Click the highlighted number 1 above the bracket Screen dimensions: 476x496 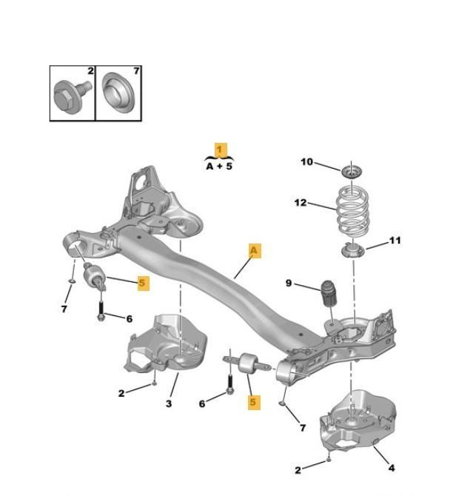click(x=221, y=150)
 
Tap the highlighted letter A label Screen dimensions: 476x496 click(x=255, y=250)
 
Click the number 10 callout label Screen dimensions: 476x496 click(x=306, y=162)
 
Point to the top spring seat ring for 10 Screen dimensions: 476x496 click(x=352, y=172)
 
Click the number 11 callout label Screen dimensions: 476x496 click(x=395, y=241)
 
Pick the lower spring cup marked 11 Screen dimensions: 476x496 click(x=353, y=250)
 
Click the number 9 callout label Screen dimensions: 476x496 click(x=289, y=283)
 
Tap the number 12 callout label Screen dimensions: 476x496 click(x=301, y=202)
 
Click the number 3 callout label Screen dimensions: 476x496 click(x=169, y=403)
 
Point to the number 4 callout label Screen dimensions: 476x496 click(x=392, y=468)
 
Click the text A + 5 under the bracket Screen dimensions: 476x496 click(x=219, y=166)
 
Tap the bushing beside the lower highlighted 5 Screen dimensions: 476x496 click(x=249, y=364)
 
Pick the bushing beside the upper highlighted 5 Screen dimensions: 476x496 click(x=94, y=277)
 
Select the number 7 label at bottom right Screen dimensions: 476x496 click(x=303, y=428)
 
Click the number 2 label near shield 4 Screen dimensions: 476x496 click(x=298, y=470)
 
